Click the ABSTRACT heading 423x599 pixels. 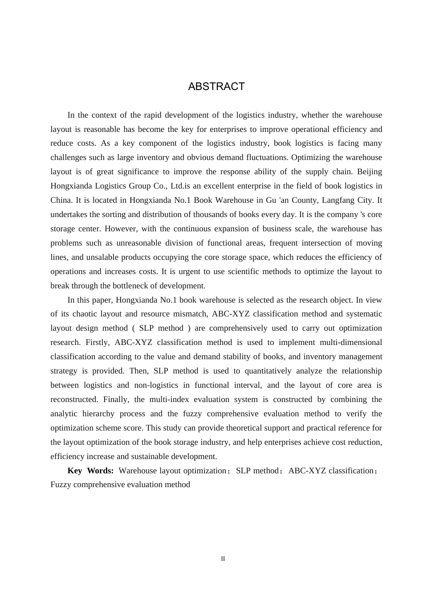pyautogui.click(x=216, y=86)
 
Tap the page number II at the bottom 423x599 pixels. pyautogui.click(x=223, y=559)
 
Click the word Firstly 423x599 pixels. pyautogui.click(x=98, y=342)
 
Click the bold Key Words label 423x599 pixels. pyautogui.click(x=90, y=471)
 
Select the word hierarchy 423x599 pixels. pyautogui.click(x=101, y=414)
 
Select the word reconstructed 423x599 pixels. pyautogui.click(x=74, y=399)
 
